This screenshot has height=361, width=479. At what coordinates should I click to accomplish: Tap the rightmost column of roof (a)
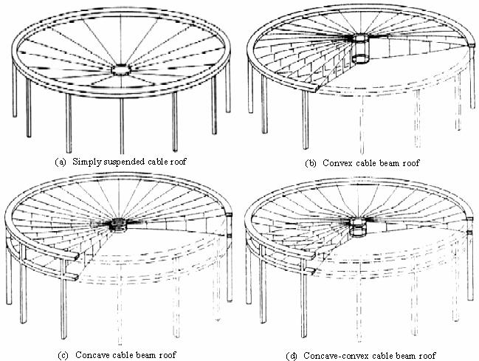(224, 100)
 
